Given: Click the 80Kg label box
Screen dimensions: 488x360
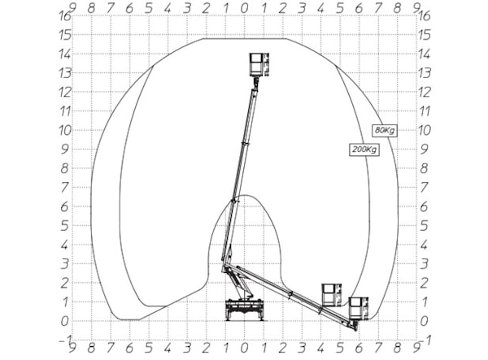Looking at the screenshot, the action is (385, 130).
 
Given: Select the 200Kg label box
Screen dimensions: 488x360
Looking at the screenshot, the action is (364, 150).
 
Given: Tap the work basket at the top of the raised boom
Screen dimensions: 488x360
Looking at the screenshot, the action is (259, 64).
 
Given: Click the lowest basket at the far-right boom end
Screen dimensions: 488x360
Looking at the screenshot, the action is (358, 308).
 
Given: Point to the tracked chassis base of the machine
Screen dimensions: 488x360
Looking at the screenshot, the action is (245, 310).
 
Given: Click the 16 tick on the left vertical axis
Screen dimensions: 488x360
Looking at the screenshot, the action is (65, 16).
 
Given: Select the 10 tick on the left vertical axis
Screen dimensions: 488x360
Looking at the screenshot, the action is (65, 131).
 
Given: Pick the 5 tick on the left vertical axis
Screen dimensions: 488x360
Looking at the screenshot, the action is (64, 226).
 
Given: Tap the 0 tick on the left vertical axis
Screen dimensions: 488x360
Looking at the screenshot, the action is (64, 322).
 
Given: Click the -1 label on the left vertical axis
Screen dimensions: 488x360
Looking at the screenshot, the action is (65, 340).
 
